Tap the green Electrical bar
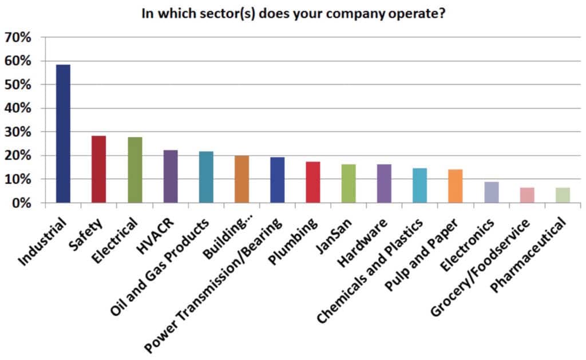[x=135, y=170]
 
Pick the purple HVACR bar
[x=171, y=176]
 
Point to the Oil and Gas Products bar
[x=206, y=177]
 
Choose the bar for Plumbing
[x=312, y=182]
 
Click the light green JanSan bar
[x=349, y=184]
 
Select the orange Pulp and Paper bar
[x=455, y=186]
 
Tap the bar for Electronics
[x=491, y=192]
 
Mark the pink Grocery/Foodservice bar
[x=526, y=195]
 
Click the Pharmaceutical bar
[x=562, y=195]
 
